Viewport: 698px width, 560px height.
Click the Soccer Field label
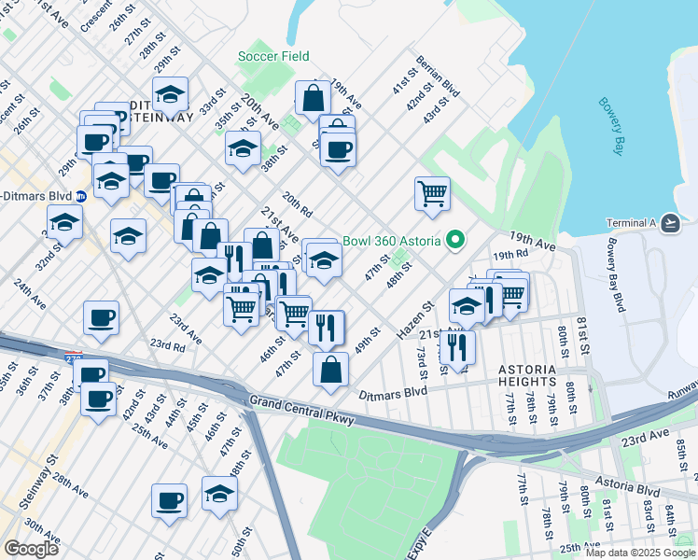pos(273,56)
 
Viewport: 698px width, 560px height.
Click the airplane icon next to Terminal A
pos(669,223)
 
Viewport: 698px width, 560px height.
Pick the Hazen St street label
pos(416,321)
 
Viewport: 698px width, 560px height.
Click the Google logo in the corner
pos(31,548)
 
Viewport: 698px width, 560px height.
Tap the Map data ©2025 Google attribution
pos(639,553)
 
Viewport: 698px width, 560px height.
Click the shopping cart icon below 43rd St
pos(432,193)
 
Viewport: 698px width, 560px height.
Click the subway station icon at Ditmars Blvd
pos(81,196)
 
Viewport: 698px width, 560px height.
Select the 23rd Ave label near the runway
pos(647,436)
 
